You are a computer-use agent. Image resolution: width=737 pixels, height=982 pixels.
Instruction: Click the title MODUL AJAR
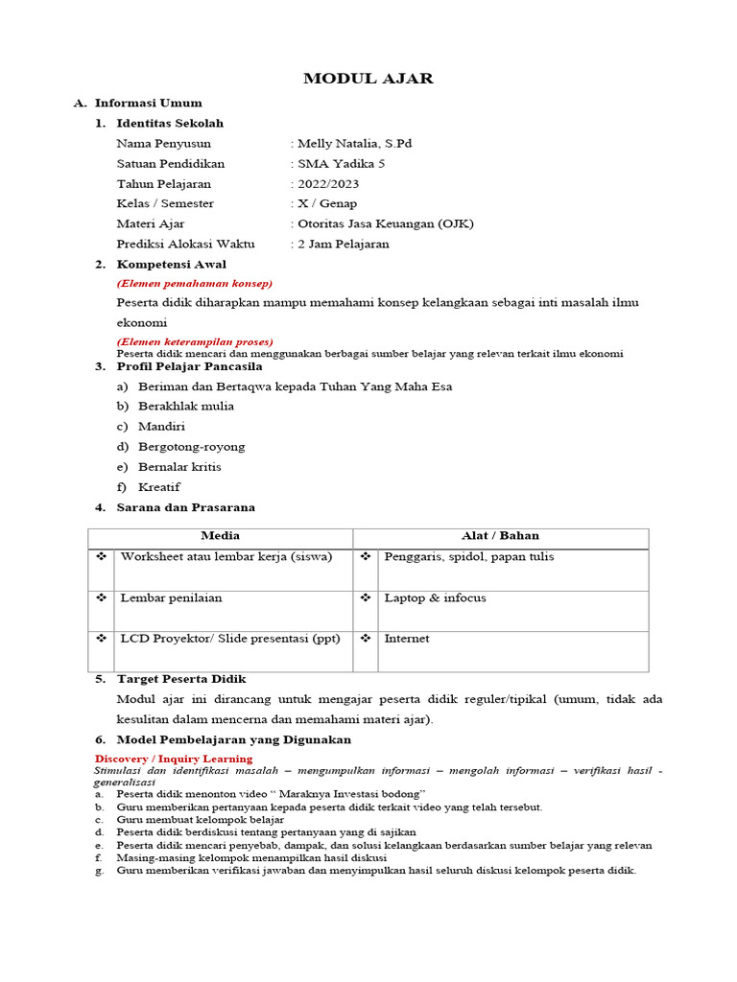coord(368,79)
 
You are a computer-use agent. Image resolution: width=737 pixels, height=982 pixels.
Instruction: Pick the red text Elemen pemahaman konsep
coord(195,283)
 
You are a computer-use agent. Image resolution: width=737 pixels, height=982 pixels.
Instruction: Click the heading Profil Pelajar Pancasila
coord(189,366)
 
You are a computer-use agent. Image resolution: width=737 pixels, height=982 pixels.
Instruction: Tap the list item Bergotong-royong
coord(191,447)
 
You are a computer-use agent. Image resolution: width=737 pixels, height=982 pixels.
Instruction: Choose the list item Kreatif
coord(158,487)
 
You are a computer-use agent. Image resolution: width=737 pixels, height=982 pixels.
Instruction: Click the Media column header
coord(220,536)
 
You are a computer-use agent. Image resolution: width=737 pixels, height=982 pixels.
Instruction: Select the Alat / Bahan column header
coord(500,536)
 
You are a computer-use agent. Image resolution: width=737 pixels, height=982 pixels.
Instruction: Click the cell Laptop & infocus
coord(435,598)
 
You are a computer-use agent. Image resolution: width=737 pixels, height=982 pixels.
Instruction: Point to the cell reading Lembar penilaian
coord(171,598)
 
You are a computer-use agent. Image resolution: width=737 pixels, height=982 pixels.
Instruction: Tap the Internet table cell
coord(407,639)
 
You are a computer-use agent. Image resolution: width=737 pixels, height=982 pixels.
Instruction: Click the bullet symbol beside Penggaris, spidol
coord(366,557)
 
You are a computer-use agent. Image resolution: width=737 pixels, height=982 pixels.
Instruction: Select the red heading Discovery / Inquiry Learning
coord(174,759)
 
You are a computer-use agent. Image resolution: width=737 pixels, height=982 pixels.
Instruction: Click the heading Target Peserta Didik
coord(181,679)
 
